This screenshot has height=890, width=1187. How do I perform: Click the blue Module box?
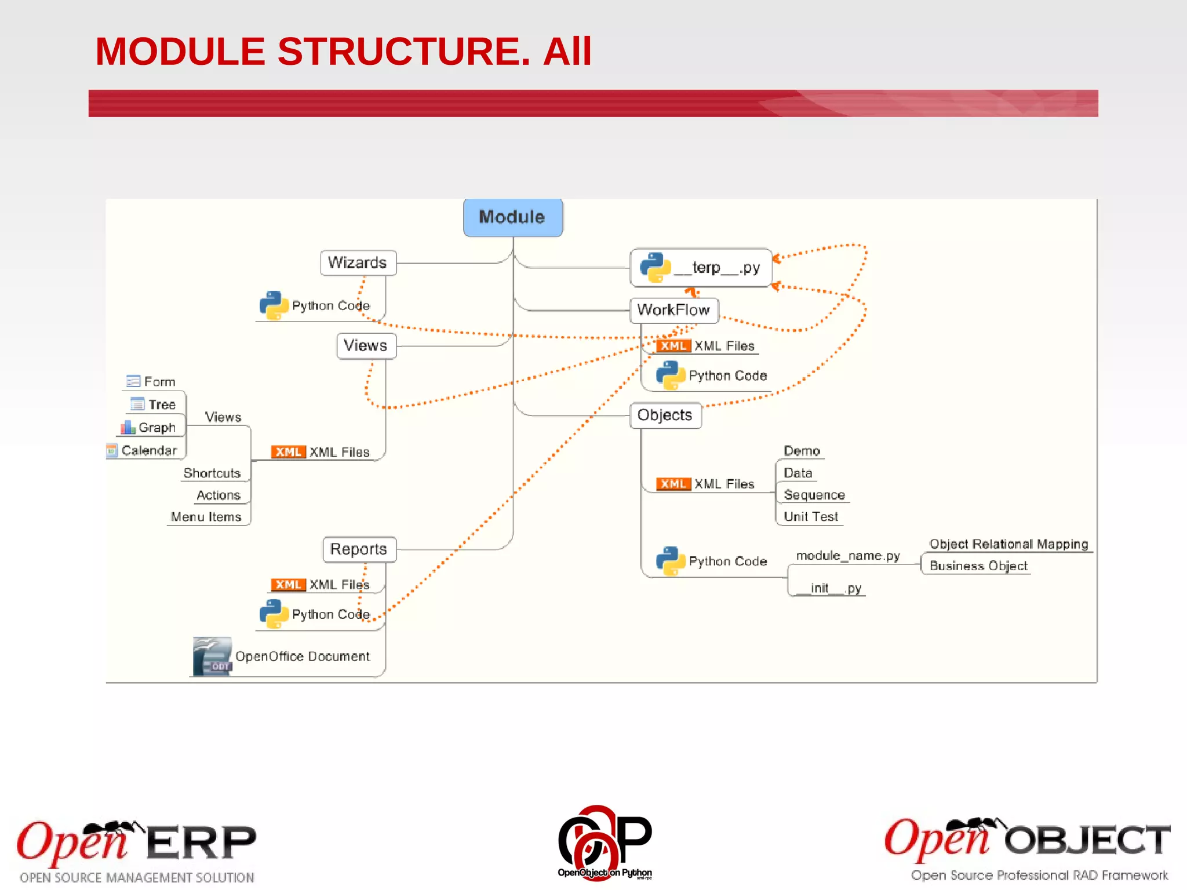coord(512,217)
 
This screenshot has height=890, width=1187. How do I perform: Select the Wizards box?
coord(358,262)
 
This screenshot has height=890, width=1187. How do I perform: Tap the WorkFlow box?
coord(673,310)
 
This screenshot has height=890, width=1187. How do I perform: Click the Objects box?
coord(665,415)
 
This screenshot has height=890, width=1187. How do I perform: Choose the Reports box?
coord(359,549)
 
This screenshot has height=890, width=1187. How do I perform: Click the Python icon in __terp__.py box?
coord(655,268)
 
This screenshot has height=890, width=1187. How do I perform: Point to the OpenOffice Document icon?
coord(212,656)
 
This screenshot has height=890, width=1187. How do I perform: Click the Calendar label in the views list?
coord(149,451)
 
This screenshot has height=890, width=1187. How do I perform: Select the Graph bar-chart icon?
coord(128,428)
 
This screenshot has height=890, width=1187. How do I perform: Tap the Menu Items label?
coord(206,517)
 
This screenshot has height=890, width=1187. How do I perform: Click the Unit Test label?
coord(810,517)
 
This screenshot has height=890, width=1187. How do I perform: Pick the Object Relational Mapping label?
coord(1008,544)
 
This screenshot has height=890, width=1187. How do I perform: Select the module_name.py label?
coord(847,556)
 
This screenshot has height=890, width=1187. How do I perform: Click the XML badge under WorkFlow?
coord(673,346)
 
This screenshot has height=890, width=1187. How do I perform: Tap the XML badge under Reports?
coord(288,585)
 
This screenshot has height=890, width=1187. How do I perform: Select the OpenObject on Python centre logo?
coord(605,843)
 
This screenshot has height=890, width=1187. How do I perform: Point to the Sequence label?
coord(814,495)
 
